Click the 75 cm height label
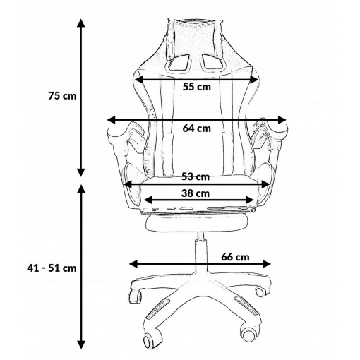62,96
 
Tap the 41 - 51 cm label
52,268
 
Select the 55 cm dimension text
197,87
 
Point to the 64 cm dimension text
197,128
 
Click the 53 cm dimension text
196,176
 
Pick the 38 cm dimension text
196,193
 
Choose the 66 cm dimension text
235,257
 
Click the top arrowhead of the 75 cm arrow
81,23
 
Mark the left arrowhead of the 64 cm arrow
111,120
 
